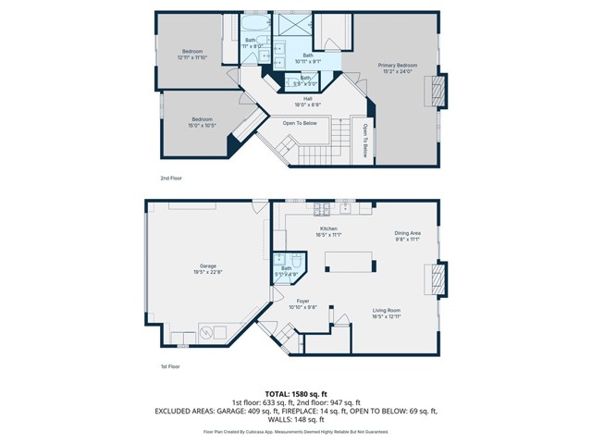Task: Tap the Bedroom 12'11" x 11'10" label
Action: [191, 55]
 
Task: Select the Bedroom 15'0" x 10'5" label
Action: [203, 122]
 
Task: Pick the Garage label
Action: [207, 268]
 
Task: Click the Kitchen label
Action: [328, 230]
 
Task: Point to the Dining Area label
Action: [408, 236]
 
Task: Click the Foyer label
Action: [302, 303]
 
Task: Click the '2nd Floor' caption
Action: [170, 178]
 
